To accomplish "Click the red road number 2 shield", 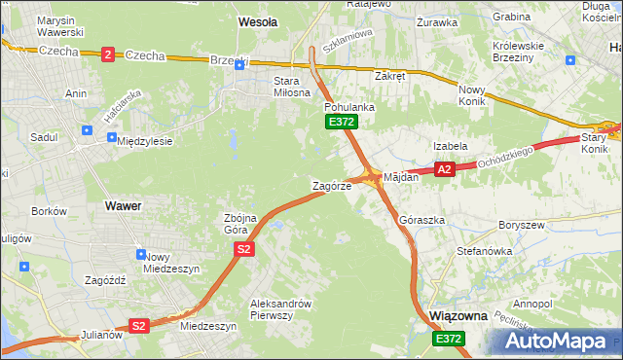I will click(106, 55).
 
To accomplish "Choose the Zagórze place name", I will click(330, 185).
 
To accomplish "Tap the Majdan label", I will click(401, 178).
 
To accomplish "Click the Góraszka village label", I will click(421, 221).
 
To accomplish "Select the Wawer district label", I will click(122, 206).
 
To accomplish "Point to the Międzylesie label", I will click(144, 141).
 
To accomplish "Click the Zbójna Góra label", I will click(240, 224).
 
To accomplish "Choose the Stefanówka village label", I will click(484, 251).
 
